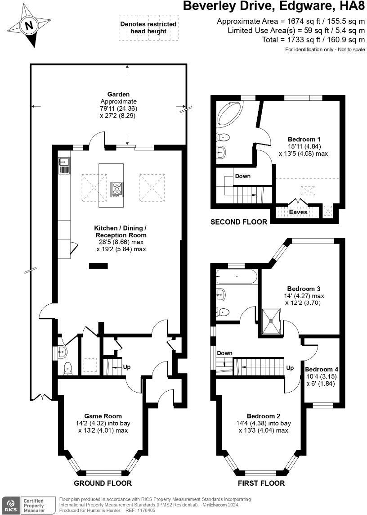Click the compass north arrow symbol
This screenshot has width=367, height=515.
pyautogui.click(x=29, y=26)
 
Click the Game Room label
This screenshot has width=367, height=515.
pyautogui.click(x=103, y=416)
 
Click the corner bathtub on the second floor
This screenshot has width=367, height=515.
pyautogui.click(x=229, y=113)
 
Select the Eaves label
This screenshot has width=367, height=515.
pyautogui.click(x=298, y=212)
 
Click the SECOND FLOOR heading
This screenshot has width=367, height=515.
pyautogui.click(x=239, y=222)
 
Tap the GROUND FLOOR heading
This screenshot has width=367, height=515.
pyautogui.click(x=103, y=483)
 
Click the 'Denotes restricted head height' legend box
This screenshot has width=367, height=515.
pyautogui.click(x=148, y=27)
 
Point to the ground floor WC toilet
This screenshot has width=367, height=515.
pyautogui.click(x=68, y=368)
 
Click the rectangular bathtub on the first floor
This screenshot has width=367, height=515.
pyautogui.click(x=236, y=276)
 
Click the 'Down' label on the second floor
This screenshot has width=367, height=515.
pyautogui.click(x=242, y=176)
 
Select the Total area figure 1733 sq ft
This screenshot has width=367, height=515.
pyautogui.click(x=313, y=40)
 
